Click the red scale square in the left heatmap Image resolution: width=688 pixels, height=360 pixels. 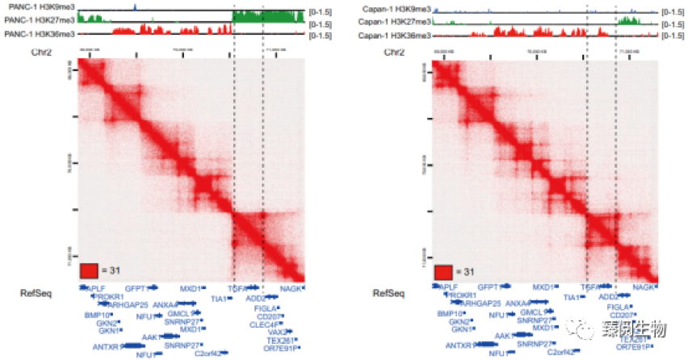coord(90,270)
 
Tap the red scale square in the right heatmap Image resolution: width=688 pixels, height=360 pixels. coord(443,271)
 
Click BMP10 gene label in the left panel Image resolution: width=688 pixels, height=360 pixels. coord(96,314)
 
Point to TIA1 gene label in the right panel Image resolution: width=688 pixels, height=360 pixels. coord(571,298)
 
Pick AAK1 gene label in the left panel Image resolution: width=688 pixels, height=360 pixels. coord(151,336)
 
